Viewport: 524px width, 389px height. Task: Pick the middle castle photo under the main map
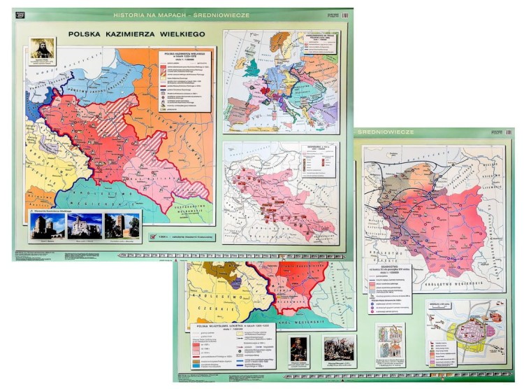click(x=85, y=225)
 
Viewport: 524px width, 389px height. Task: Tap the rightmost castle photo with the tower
click(x=122, y=225)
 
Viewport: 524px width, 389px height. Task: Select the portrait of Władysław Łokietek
click(x=300, y=348)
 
